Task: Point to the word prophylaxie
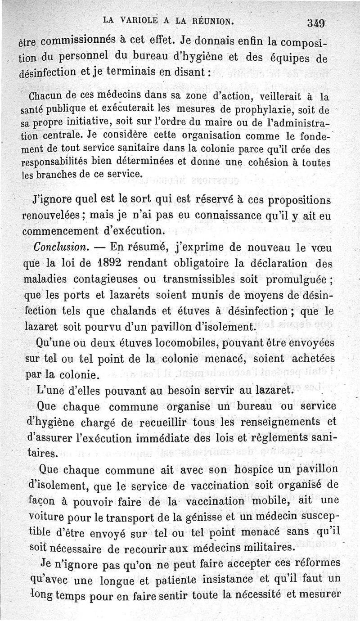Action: pyautogui.click(x=237, y=109)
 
